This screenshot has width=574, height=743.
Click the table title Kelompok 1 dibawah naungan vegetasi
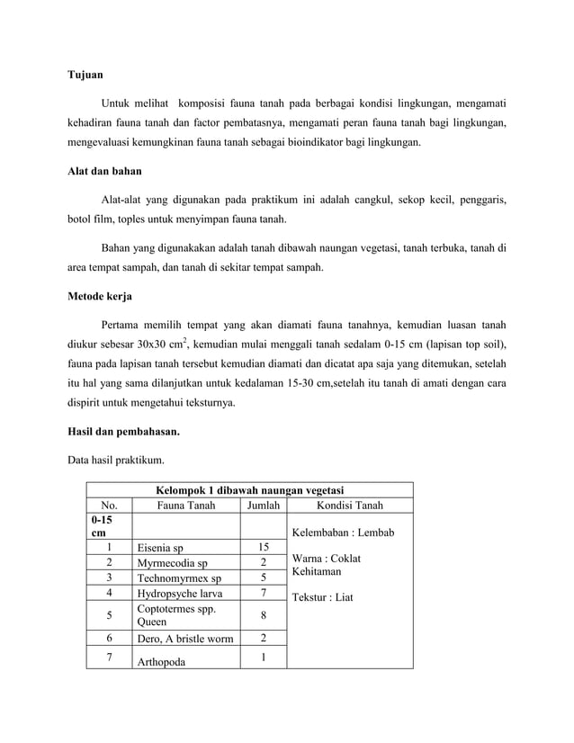[250, 490]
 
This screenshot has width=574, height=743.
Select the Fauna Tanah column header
[185, 505]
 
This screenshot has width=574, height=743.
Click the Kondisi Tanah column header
[349, 505]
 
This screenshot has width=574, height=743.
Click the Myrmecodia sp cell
[172, 562]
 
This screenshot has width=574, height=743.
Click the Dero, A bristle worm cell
[184, 638]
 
